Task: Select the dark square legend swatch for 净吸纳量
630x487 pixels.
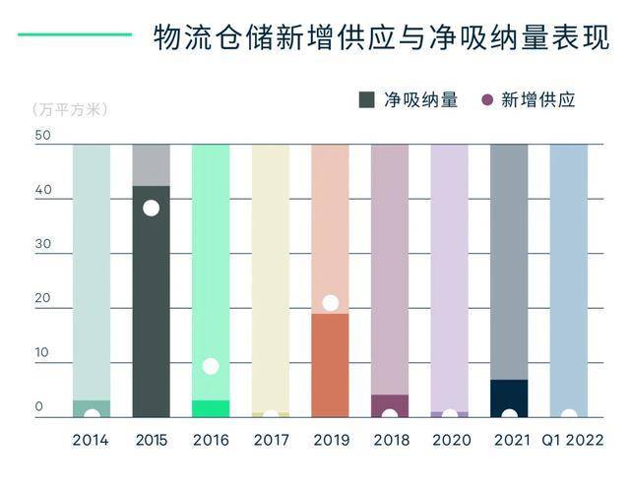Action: [367, 99]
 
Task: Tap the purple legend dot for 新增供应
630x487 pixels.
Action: [486, 99]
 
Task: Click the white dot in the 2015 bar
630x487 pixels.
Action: [151, 208]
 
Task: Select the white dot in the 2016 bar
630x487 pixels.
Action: [211, 366]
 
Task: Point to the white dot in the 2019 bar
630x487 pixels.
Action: [331, 303]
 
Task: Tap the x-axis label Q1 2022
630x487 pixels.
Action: [570, 440]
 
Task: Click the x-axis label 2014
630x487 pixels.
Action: [91, 440]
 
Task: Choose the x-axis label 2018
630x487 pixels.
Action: [391, 440]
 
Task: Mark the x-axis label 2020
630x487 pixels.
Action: [450, 440]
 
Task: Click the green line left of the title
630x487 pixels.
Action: [74, 34]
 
